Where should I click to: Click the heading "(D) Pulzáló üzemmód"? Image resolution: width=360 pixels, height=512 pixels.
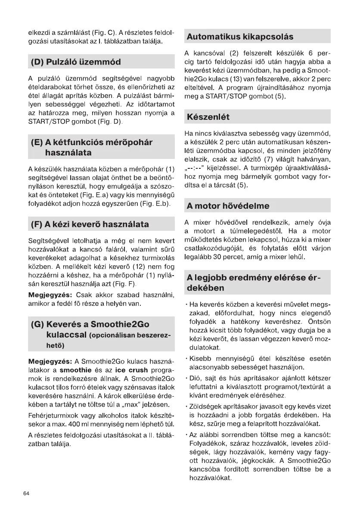76,62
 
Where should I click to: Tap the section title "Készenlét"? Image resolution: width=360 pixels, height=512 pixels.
208,117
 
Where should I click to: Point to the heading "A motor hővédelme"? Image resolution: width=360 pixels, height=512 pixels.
228,206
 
